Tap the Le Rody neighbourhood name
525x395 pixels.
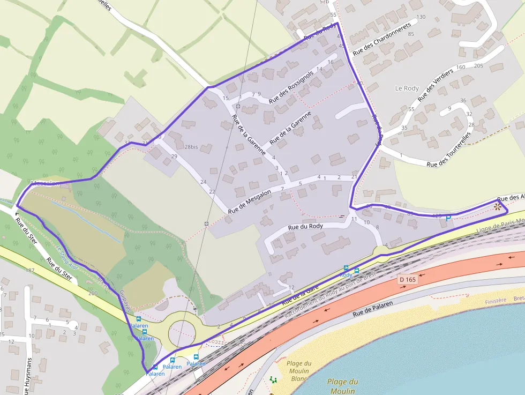(x=407, y=88)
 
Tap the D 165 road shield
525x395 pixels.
(x=408, y=280)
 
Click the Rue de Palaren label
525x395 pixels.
(x=373, y=308)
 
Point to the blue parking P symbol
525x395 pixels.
(x=448, y=218)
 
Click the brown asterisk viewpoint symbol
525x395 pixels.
(x=498, y=206)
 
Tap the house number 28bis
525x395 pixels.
(x=191, y=147)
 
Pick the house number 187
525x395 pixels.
(x=30, y=270)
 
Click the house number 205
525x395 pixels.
(x=478, y=66)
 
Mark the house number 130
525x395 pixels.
(x=421, y=17)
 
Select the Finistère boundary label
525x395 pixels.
(x=495, y=301)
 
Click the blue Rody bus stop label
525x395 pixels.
(x=346, y=275)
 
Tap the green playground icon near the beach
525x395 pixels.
(x=274, y=379)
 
